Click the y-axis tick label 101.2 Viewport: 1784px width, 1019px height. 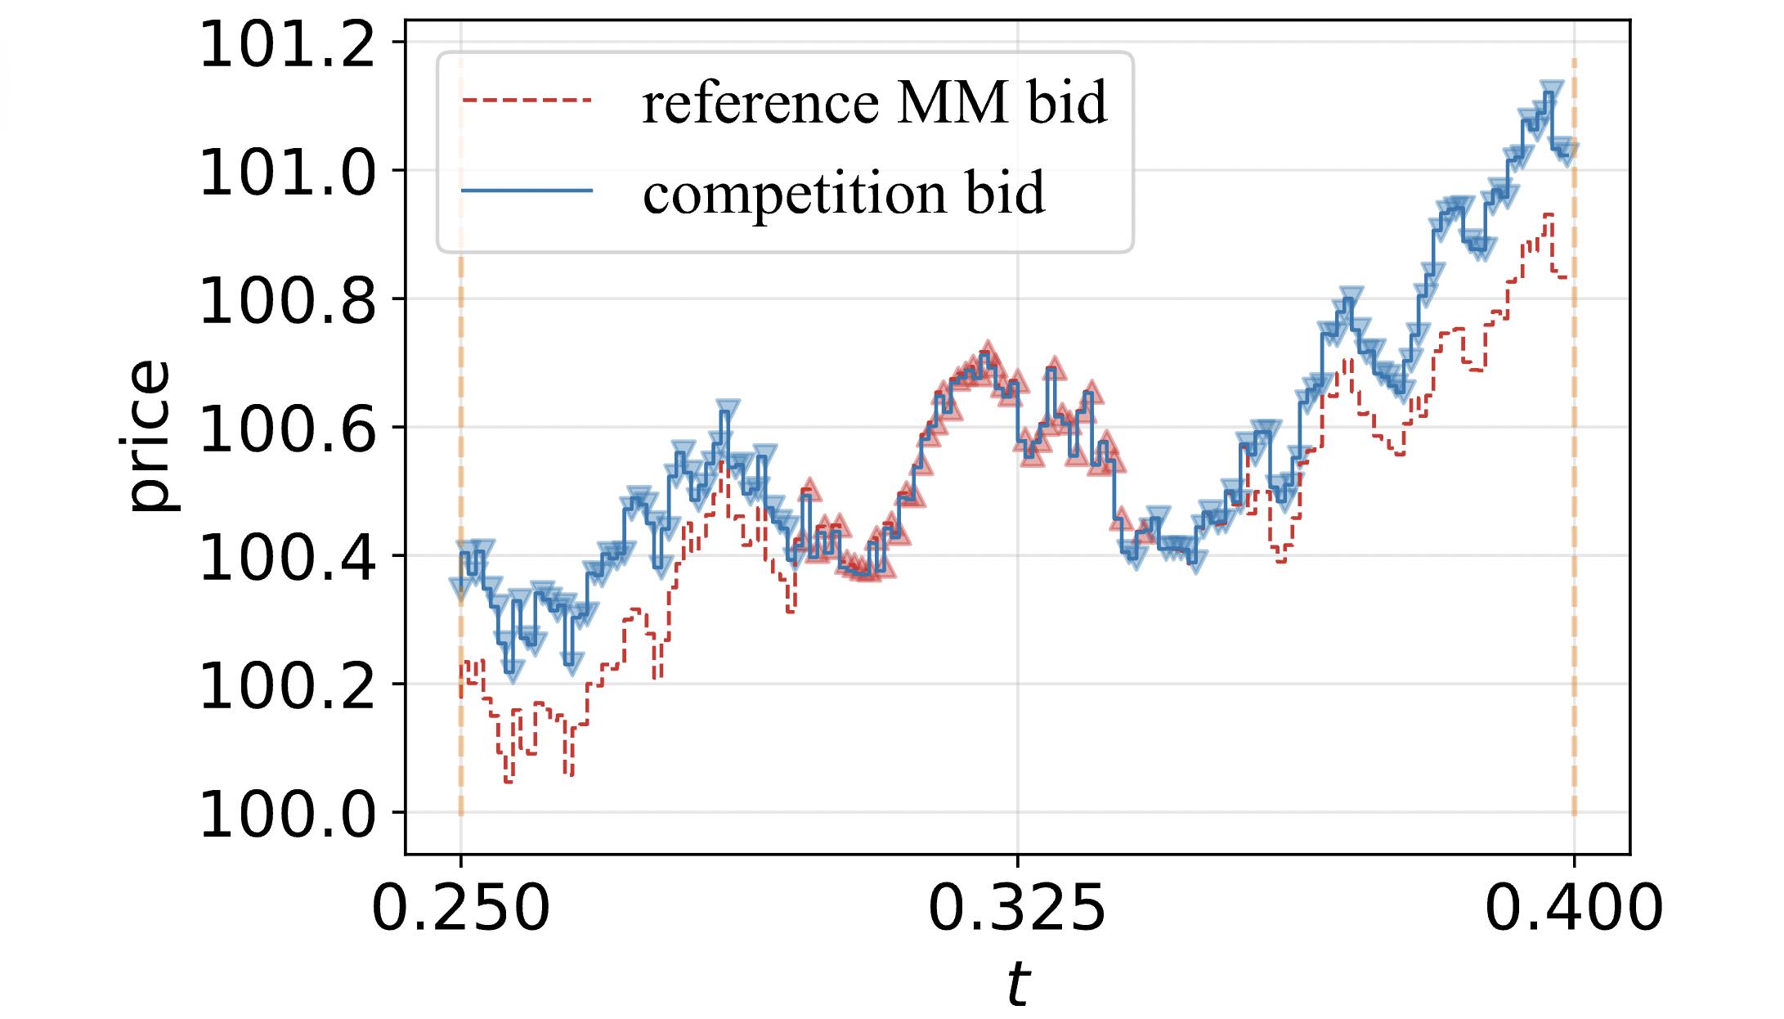coord(287,45)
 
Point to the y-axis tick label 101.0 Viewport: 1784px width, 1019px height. coord(287,173)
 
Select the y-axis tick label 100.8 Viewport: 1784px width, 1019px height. coord(287,301)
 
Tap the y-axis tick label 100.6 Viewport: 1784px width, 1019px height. coord(287,429)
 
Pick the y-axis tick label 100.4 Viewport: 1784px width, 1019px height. coord(287,558)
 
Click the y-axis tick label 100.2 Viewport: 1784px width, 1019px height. coord(287,686)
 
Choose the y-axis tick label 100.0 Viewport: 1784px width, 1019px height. coord(287,815)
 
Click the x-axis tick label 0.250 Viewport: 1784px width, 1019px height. coord(460,908)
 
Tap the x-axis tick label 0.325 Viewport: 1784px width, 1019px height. coord(1017,908)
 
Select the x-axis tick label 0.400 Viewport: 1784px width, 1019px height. coord(1574,908)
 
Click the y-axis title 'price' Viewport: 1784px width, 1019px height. coord(150,437)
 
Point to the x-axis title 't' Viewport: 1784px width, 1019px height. coord(1017,983)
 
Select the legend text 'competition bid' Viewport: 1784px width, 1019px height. coord(844,193)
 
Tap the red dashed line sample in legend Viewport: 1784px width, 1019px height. coord(527,101)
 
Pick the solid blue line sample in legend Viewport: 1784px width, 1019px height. coord(527,191)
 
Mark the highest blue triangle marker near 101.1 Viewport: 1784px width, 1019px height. coord(1551,90)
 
